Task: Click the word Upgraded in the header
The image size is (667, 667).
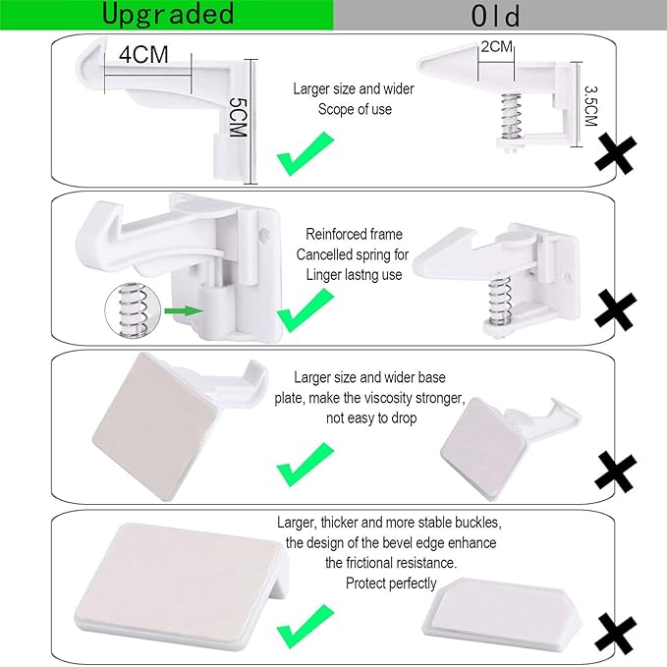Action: click(x=168, y=14)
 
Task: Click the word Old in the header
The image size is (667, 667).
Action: click(x=495, y=16)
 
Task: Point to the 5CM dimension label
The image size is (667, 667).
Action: click(x=236, y=117)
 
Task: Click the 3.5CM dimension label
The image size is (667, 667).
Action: click(x=589, y=103)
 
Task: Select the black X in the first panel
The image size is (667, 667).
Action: click(x=615, y=155)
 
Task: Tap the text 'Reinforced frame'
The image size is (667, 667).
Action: click(x=354, y=235)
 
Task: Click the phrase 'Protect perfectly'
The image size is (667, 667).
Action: click(x=390, y=583)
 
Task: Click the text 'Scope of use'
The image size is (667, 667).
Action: click(x=354, y=109)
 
